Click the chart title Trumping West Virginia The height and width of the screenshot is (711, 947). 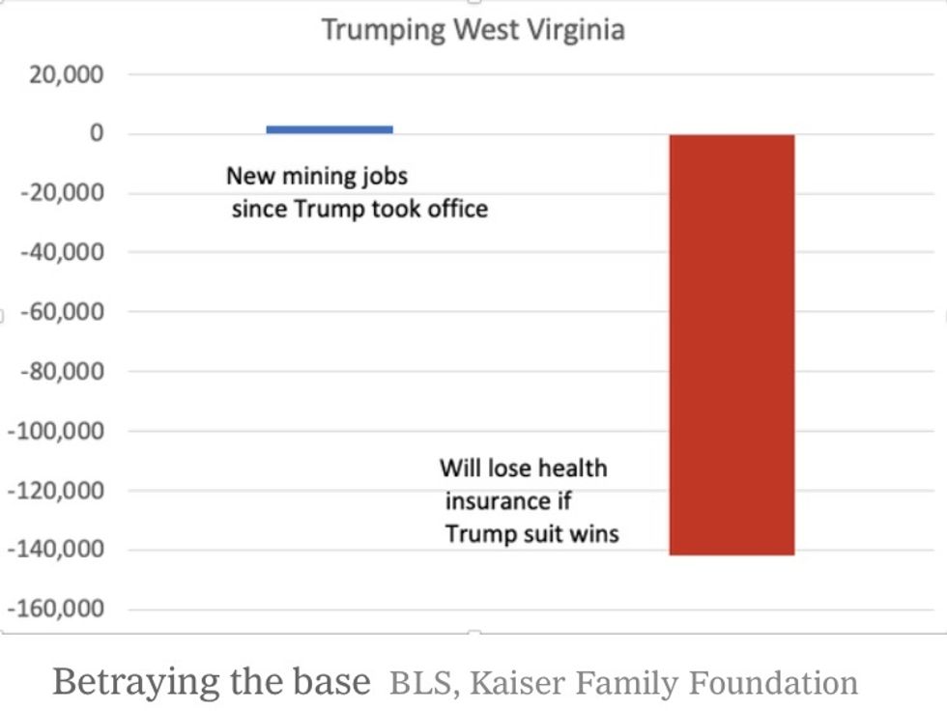(x=473, y=29)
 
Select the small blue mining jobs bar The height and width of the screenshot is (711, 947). (x=330, y=128)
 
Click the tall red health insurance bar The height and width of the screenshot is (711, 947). (x=732, y=345)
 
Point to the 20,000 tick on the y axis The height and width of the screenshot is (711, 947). (x=67, y=74)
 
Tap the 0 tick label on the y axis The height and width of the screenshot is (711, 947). (x=96, y=133)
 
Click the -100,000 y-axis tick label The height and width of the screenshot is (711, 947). (x=56, y=431)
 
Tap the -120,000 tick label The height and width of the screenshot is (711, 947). (x=56, y=491)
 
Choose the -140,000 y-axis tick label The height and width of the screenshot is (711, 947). (x=56, y=550)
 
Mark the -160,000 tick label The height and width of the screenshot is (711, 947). (x=56, y=610)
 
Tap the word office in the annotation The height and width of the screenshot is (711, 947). (x=457, y=208)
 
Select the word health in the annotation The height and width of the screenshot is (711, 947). (x=572, y=469)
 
